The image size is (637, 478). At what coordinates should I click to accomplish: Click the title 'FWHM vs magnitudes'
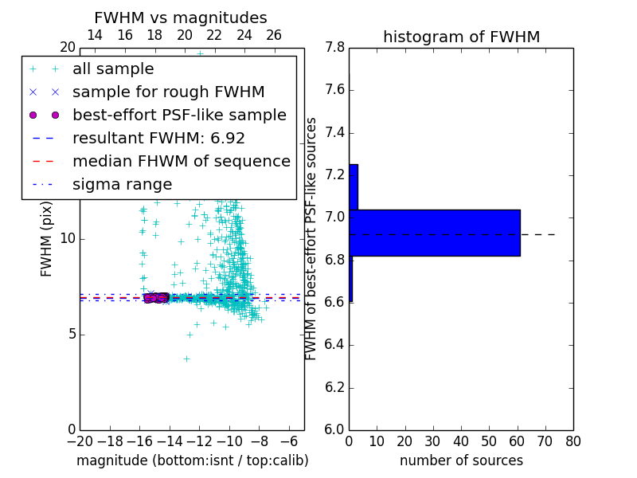pyautogui.click(x=180, y=18)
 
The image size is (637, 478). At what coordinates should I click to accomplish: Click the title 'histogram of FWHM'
pyautogui.click(x=461, y=37)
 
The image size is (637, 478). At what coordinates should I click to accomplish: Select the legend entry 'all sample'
pyautogui.click(x=113, y=69)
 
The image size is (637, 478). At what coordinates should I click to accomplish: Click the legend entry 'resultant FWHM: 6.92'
pyautogui.click(x=158, y=139)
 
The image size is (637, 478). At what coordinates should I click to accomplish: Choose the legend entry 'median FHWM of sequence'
pyautogui.click(x=181, y=162)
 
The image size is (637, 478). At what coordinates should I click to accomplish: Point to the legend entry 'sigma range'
pyautogui.click(x=122, y=185)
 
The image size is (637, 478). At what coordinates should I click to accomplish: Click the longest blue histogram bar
pyautogui.click(x=434, y=233)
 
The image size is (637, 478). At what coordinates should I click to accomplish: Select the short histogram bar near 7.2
pyautogui.click(x=354, y=186)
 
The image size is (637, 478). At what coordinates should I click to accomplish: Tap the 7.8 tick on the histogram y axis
pyautogui.click(x=335, y=48)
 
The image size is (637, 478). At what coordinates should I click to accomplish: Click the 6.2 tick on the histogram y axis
pyautogui.click(x=335, y=388)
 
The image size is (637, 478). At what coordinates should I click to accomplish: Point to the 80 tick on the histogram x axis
pyautogui.click(x=573, y=441)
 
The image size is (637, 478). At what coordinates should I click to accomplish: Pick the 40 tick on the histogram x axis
pyautogui.click(x=461, y=441)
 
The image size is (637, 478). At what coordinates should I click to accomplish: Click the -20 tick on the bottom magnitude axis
pyautogui.click(x=80, y=441)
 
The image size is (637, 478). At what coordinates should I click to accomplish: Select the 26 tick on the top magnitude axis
pyautogui.click(x=274, y=35)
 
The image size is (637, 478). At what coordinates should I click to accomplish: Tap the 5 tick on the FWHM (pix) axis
pyautogui.click(x=70, y=334)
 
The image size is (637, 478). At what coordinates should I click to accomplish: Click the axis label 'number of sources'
pyautogui.click(x=461, y=460)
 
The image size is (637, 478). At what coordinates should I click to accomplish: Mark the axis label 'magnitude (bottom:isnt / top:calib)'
pyautogui.click(x=192, y=460)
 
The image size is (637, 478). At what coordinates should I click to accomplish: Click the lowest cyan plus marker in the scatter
pyautogui.click(x=186, y=359)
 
